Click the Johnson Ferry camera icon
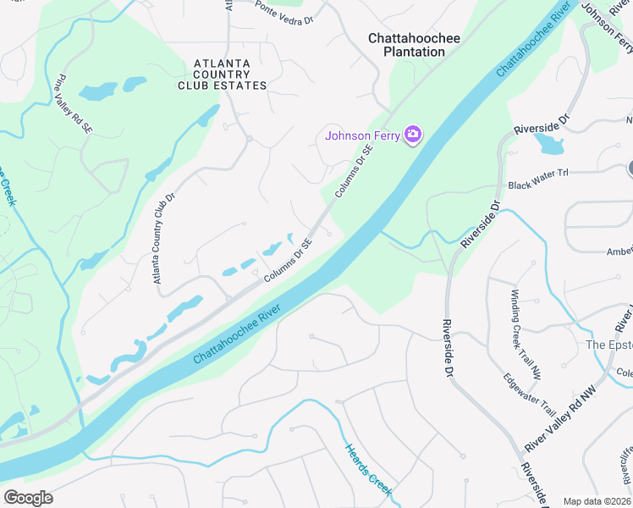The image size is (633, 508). coord(413,135)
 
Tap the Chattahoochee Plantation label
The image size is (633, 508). coord(406,45)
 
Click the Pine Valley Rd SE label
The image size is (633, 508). coord(72,106)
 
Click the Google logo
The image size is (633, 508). coord(28,498)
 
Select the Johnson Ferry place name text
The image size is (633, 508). coord(363,135)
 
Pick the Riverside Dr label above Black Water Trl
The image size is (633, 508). coord(542,127)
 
